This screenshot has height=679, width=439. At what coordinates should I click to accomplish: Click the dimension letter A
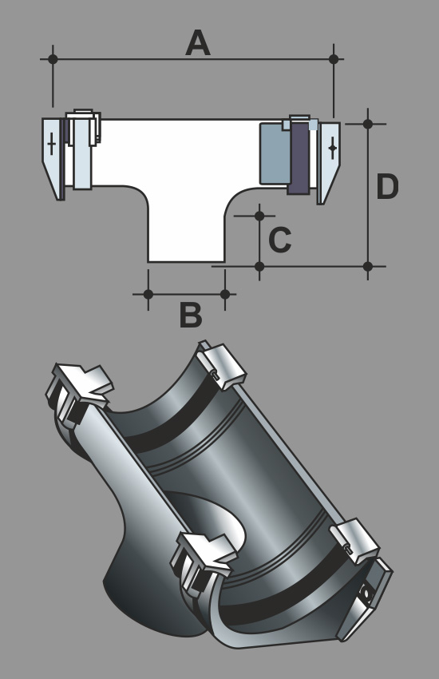198,43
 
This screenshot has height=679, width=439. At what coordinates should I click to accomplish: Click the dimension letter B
191,315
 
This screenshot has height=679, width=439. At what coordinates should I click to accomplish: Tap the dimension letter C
280,239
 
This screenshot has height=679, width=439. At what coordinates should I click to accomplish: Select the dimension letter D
387,187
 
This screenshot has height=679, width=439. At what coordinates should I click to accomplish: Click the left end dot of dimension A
53,59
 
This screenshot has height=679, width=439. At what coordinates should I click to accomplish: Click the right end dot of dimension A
334,59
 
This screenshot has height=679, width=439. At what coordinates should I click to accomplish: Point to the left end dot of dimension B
148,295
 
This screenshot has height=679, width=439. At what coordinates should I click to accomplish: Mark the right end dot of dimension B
225,295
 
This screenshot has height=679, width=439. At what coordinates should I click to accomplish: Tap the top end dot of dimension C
259,216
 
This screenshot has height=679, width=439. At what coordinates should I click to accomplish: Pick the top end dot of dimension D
368,125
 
